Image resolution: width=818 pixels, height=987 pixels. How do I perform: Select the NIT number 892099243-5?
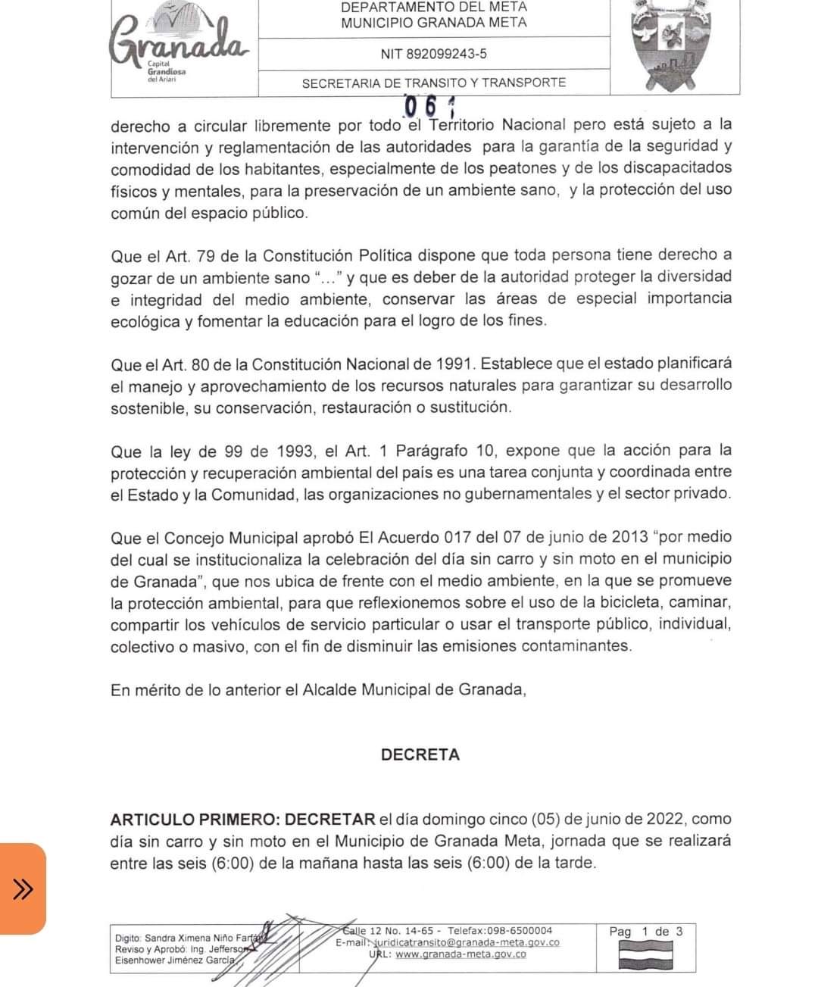[434, 54]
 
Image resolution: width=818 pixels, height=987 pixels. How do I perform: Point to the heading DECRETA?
[420, 754]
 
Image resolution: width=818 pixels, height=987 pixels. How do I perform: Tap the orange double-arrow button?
[23, 888]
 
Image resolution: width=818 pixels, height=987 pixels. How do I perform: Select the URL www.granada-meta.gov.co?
[461, 954]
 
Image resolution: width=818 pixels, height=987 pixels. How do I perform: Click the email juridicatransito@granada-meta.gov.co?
[469, 942]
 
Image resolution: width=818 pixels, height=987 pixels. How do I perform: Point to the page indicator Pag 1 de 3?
[646, 932]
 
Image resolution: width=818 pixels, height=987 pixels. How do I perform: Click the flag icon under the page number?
[646, 955]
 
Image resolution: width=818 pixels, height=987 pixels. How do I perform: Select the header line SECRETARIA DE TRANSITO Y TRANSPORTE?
[434, 83]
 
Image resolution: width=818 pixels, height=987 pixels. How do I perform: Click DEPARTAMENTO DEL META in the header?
[434, 7]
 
